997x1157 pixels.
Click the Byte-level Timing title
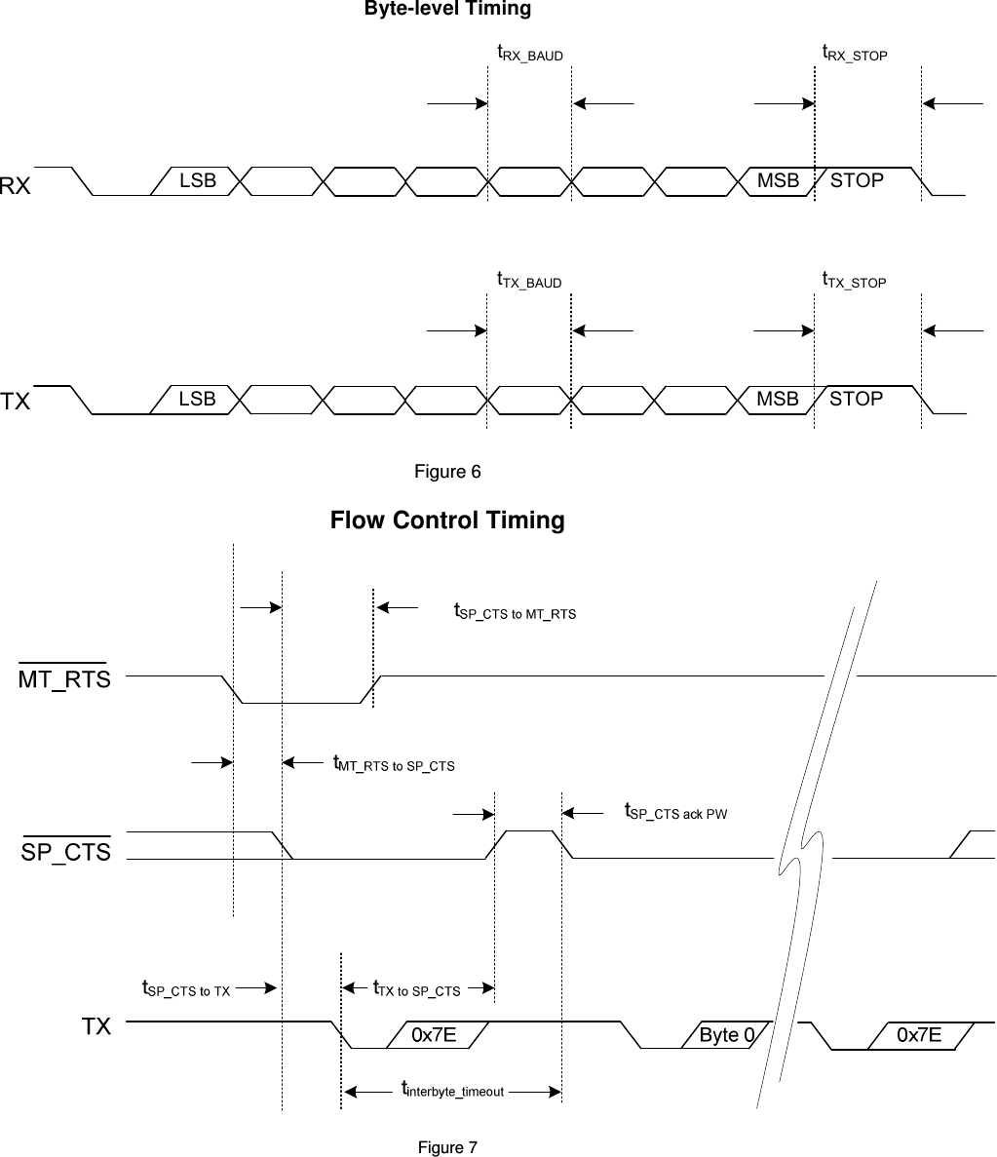[x=447, y=10]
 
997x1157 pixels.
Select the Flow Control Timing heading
[x=447, y=521]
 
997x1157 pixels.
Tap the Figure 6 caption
[x=447, y=473]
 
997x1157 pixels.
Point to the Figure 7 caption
[x=447, y=1147]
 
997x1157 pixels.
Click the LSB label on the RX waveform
[x=198, y=181]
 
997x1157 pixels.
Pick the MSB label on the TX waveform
[x=778, y=400]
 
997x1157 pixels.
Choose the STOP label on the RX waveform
[x=857, y=181]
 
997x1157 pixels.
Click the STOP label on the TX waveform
[x=857, y=400]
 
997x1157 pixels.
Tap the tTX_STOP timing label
[x=855, y=281]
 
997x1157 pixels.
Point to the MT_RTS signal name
[x=65, y=679]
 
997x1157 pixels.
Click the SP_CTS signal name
[x=66, y=852]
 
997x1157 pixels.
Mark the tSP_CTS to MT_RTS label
[x=516, y=612]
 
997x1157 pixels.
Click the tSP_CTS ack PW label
[x=675, y=812]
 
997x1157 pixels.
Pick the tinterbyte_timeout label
[x=453, y=1091]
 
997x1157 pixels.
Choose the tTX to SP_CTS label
[x=417, y=989]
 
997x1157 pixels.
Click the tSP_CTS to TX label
[x=186, y=990]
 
